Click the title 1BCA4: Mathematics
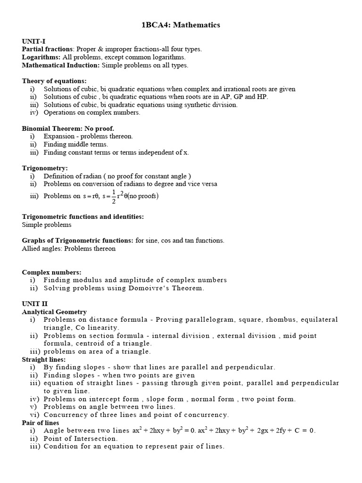181,25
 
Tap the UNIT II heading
34,304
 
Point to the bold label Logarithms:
41,57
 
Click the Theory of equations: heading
54,81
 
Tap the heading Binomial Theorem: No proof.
68,128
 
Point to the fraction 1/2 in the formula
113,196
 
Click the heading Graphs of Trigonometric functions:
78,240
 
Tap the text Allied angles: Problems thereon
69,248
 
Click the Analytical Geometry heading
54,312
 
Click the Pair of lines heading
41,423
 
